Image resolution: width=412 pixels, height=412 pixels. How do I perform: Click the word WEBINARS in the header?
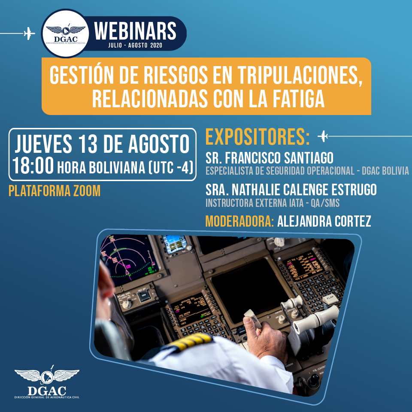[135, 31]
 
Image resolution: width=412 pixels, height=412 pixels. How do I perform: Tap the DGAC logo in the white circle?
[65, 33]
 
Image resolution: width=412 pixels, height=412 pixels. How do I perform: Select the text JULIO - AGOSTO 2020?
[135, 45]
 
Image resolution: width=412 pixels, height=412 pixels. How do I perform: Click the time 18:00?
[33, 166]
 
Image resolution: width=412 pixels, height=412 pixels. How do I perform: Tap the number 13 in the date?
[88, 144]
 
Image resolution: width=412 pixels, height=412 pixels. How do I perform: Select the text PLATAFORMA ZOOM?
[55, 191]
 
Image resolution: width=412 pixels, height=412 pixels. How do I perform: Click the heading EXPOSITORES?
[257, 136]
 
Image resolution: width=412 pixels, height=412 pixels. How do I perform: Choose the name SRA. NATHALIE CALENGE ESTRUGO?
[291, 190]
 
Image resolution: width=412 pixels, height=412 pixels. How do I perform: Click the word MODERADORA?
[239, 221]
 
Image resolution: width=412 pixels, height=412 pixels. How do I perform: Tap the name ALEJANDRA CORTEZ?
[324, 221]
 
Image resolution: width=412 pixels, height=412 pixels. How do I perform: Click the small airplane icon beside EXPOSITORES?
[323, 136]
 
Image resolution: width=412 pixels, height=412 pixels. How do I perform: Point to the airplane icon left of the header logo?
[30, 33]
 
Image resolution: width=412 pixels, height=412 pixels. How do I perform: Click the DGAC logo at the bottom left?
[47, 382]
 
